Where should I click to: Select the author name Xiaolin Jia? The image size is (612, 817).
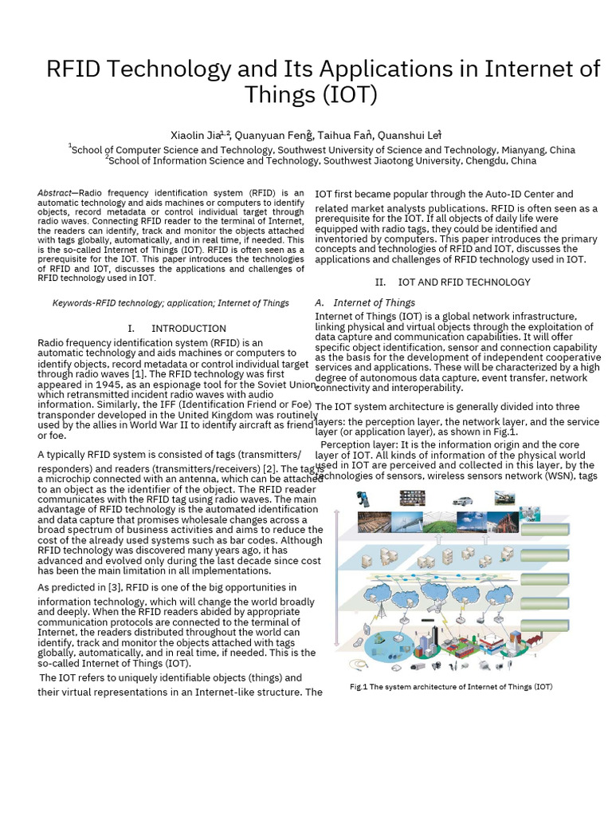(194, 135)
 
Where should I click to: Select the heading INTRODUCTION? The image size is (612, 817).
(189, 328)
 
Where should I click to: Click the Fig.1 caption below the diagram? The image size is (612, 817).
(451, 686)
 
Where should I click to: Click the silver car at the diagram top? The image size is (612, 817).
(461, 500)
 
